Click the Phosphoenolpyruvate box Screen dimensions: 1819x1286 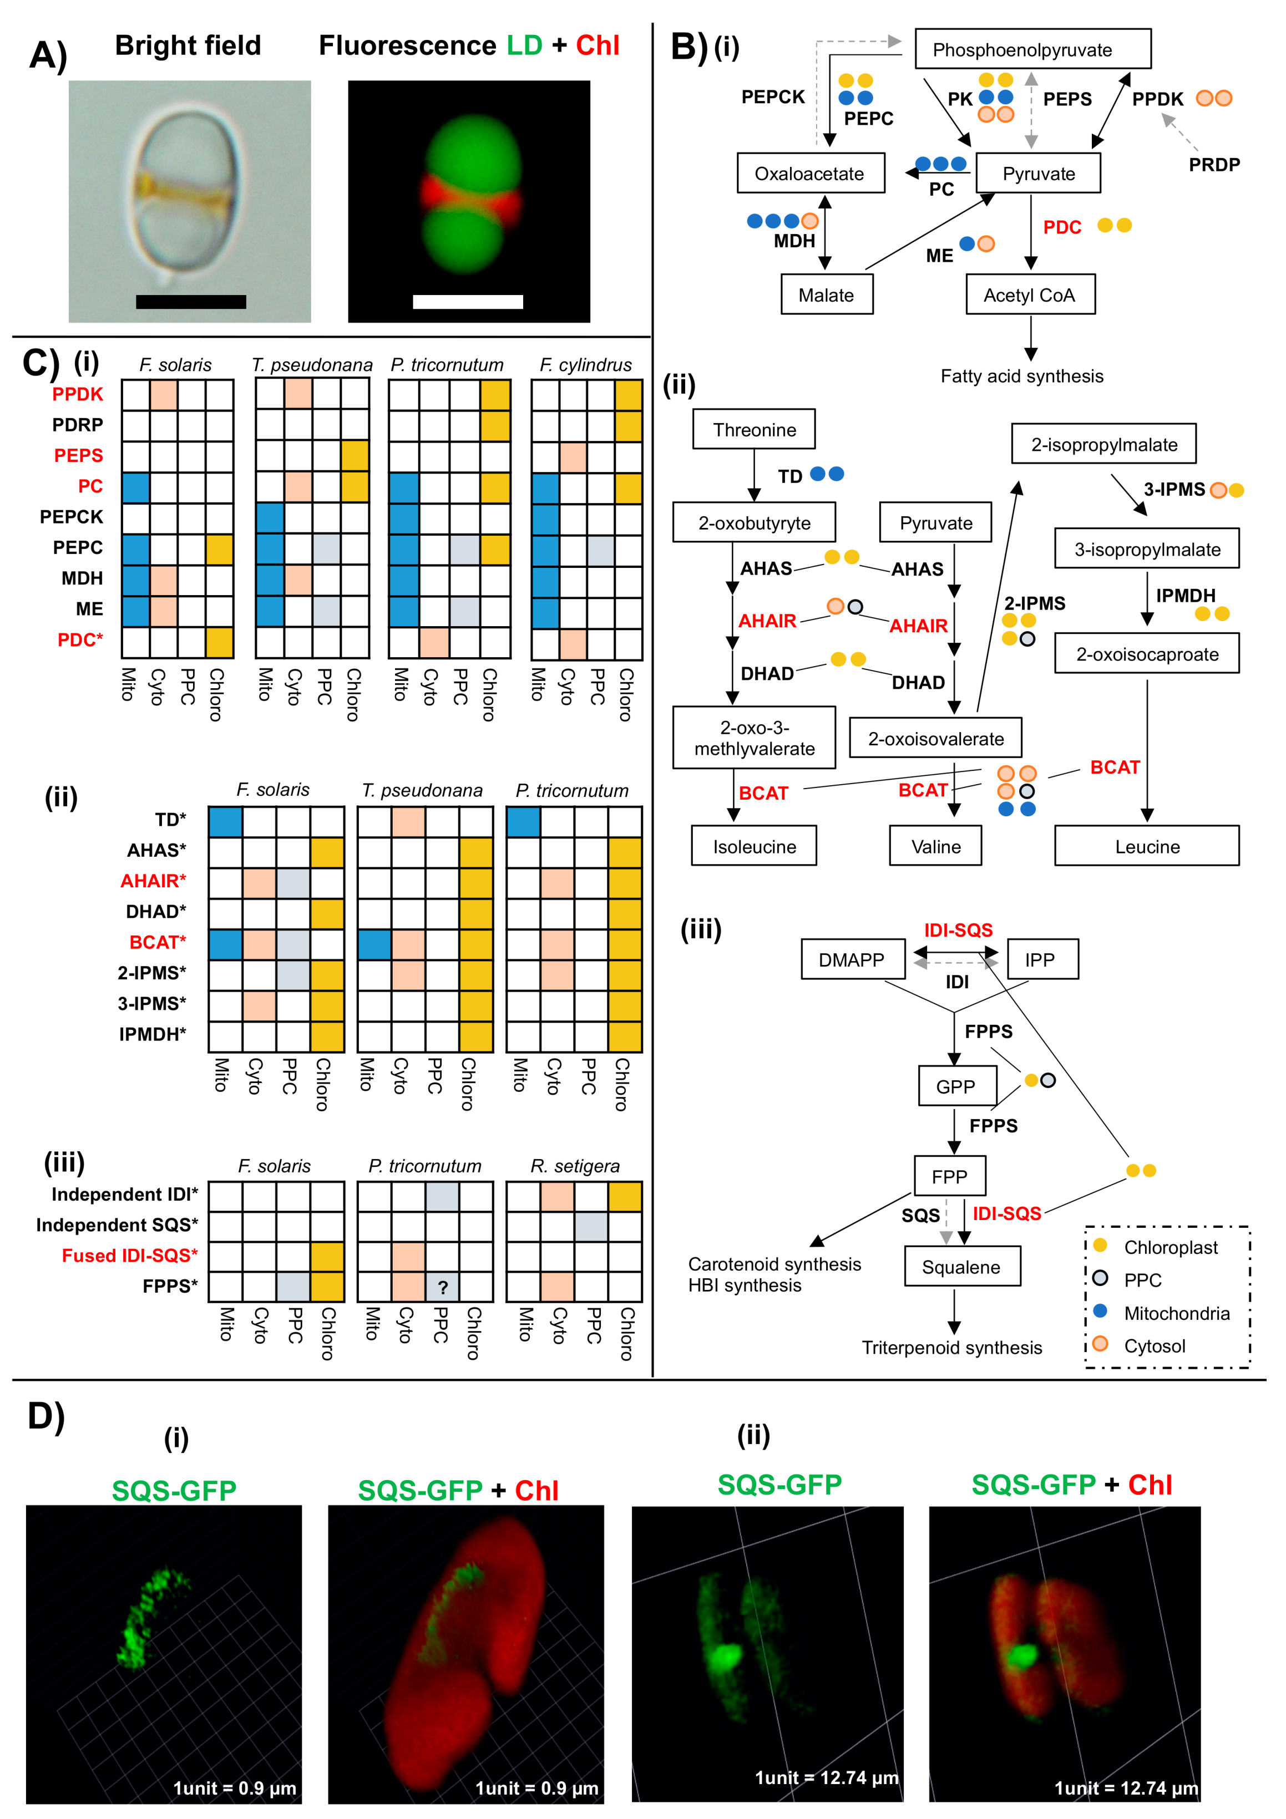tap(1032, 50)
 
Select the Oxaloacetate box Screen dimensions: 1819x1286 tap(810, 174)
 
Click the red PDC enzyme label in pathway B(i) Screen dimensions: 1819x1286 tap(1062, 227)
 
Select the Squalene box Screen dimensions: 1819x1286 tap(961, 1266)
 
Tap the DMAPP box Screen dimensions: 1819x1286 tap(852, 959)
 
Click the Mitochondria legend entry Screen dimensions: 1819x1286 tap(1176, 1313)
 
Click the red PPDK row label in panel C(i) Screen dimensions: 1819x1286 tap(78, 394)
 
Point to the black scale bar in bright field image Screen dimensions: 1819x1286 tap(190, 302)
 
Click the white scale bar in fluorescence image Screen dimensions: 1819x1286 tap(468, 302)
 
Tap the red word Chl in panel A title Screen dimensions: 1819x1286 tap(598, 46)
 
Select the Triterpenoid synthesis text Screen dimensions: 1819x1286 tap(951, 1348)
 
